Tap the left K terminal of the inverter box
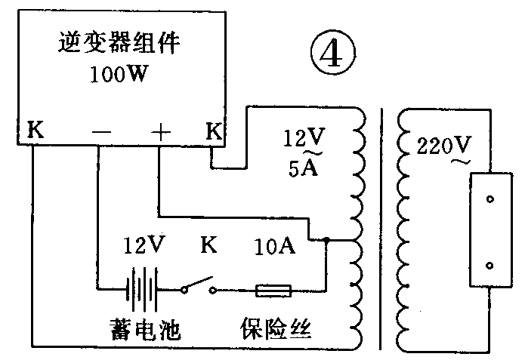35,131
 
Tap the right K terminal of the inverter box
214,131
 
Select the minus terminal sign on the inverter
100,131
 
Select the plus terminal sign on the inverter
160,131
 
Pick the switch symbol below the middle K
198,287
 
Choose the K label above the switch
209,245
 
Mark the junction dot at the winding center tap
326,241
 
